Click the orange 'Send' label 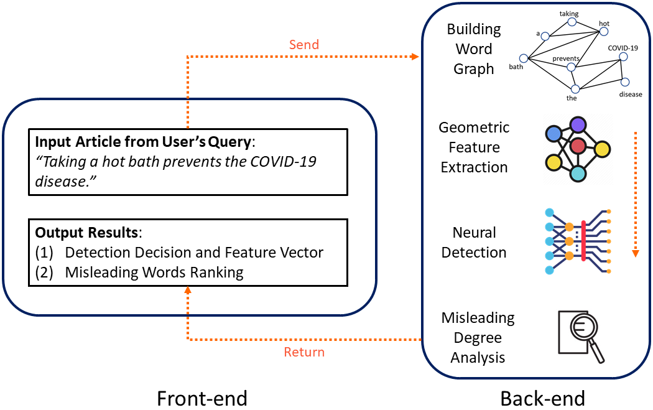(x=303, y=45)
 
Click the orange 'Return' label (x=304, y=352)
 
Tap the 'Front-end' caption (x=201, y=397)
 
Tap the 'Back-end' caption (x=542, y=397)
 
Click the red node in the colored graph (x=578, y=147)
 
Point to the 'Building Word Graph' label (x=473, y=49)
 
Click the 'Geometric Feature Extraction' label (x=474, y=147)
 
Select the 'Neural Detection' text (x=474, y=243)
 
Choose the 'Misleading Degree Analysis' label (x=478, y=338)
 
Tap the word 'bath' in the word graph (x=516, y=67)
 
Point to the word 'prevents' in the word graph (x=566, y=59)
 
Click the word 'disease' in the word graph (x=630, y=95)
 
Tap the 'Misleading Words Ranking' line (x=154, y=273)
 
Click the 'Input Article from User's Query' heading (x=142, y=142)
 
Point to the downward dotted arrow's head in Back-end (x=635, y=253)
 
